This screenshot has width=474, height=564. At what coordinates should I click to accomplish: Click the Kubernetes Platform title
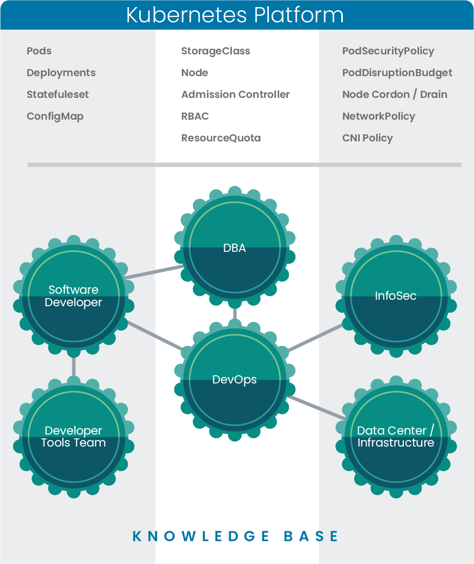pyautogui.click(x=235, y=15)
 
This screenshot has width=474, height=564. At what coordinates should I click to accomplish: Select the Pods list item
pyautogui.click(x=39, y=51)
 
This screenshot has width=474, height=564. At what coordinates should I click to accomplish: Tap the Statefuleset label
pyautogui.click(x=58, y=95)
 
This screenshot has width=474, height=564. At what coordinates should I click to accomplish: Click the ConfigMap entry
pyautogui.click(x=55, y=116)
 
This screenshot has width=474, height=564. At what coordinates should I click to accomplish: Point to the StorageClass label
pyautogui.click(x=216, y=51)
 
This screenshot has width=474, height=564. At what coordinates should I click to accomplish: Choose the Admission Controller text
pyautogui.click(x=235, y=95)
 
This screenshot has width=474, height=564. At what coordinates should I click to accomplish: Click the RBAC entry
pyautogui.click(x=195, y=116)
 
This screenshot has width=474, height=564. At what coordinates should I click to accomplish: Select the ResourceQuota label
pyautogui.click(x=221, y=138)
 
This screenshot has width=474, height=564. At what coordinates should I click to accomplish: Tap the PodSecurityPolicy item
pyautogui.click(x=388, y=51)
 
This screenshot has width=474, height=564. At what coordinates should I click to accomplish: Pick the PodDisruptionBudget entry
pyautogui.click(x=397, y=73)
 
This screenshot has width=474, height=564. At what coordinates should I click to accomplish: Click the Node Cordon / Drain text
pyautogui.click(x=395, y=95)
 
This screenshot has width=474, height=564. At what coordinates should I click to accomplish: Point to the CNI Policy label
pyautogui.click(x=367, y=138)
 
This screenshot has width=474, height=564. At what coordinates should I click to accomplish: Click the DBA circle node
pyautogui.click(x=235, y=248)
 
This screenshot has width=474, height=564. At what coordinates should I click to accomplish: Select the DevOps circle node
pyautogui.click(x=235, y=380)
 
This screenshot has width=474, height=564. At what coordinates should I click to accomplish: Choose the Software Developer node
pyautogui.click(x=73, y=296)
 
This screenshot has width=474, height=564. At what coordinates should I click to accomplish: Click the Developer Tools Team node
pyautogui.click(x=73, y=437)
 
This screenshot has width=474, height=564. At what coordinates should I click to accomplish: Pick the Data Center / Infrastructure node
pyautogui.click(x=396, y=437)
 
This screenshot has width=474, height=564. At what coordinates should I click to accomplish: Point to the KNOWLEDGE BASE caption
pyautogui.click(x=236, y=536)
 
